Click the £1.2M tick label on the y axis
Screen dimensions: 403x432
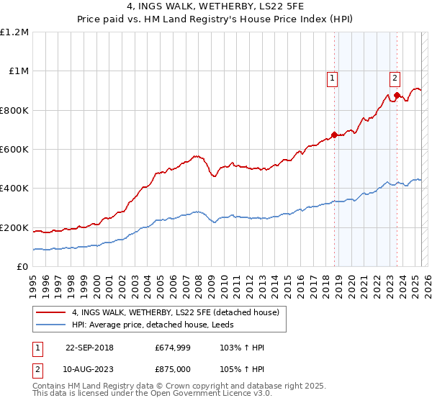(14, 32)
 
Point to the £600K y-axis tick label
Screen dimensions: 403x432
(14, 150)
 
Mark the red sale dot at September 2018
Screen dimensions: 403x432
(334, 135)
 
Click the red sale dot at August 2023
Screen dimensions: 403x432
(397, 95)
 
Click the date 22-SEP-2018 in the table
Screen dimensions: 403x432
(89, 348)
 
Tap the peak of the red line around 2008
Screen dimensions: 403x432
(194, 155)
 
